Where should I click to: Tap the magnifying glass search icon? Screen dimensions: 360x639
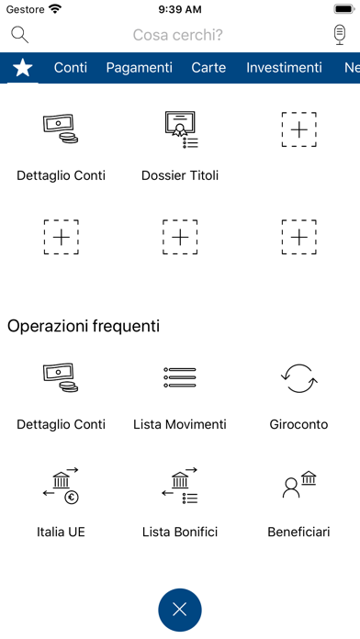tap(18, 34)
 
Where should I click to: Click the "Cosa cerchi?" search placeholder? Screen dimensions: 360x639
tap(178, 35)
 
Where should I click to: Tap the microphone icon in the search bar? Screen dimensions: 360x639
tap(340, 35)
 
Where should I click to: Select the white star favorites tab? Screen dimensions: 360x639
tap(23, 67)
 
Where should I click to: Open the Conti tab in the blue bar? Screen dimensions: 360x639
tap(71, 67)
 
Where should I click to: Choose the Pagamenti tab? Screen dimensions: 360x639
tap(139, 68)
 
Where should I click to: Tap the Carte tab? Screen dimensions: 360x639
tap(208, 67)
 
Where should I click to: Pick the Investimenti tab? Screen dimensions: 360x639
tap(284, 67)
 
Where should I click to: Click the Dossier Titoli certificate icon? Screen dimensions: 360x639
tap(180, 130)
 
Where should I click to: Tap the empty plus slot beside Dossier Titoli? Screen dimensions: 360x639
tap(298, 129)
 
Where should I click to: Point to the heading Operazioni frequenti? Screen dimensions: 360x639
tap(84, 326)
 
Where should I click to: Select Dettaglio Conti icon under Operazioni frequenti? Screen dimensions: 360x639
tap(61, 377)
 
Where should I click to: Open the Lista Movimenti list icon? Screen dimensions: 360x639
tap(180, 377)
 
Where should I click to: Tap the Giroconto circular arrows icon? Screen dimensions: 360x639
tap(298, 378)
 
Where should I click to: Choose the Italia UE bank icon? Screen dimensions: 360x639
tap(61, 486)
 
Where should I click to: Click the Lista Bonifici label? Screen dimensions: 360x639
tap(180, 532)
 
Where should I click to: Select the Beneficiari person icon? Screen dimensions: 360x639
tap(298, 485)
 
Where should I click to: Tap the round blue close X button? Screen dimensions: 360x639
tap(180, 610)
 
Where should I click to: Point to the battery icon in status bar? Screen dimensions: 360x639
tap(344, 9)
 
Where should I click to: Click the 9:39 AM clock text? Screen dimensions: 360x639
tap(180, 9)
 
